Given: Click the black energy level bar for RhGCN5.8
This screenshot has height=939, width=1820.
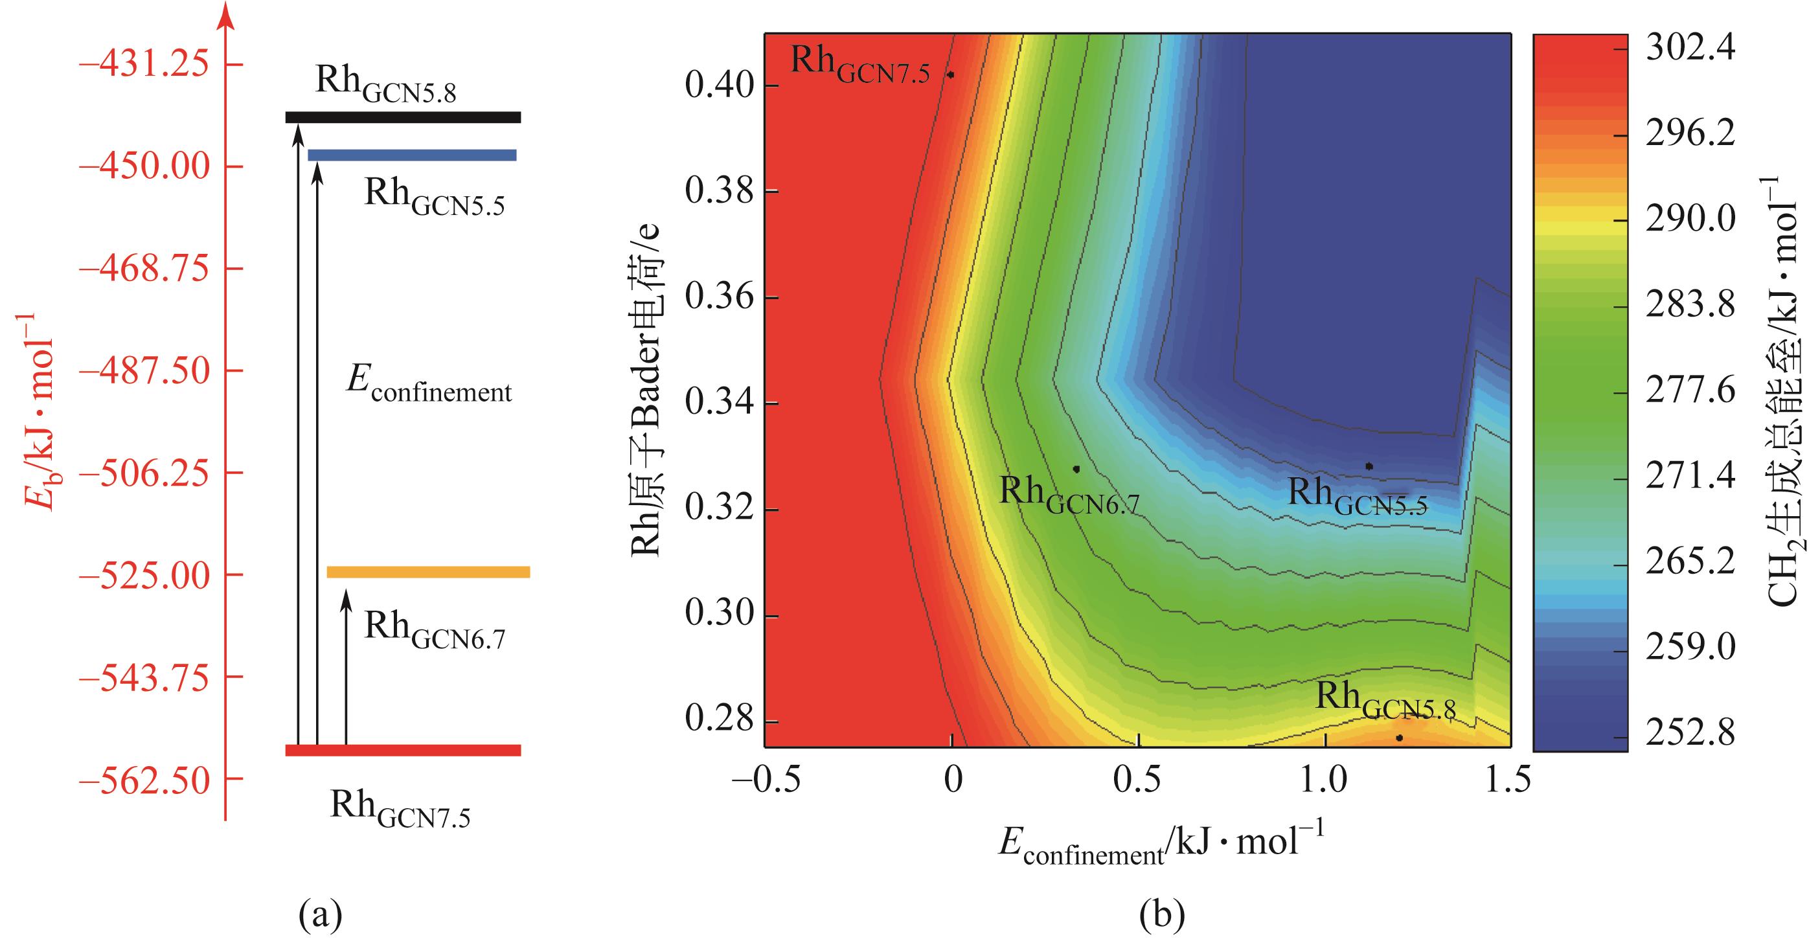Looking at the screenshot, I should [x=403, y=117].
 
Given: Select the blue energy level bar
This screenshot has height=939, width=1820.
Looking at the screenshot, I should [x=412, y=155].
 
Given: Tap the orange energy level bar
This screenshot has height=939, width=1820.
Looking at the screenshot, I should [x=428, y=572].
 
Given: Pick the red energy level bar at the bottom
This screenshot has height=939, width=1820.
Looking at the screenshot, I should [x=403, y=751].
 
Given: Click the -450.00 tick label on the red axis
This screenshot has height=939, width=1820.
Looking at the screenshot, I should [x=144, y=166].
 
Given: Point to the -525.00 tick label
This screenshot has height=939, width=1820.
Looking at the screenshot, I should [x=144, y=575].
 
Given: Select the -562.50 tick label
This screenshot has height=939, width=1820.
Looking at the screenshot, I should [x=144, y=779].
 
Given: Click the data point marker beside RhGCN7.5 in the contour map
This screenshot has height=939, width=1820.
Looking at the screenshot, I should [x=951, y=75].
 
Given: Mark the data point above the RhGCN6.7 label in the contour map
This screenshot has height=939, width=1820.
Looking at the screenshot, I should [x=1076, y=468].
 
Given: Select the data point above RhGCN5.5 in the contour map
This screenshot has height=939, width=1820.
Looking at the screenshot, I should [x=1369, y=466].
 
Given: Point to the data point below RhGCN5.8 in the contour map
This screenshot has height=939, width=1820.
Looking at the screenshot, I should [x=1399, y=738].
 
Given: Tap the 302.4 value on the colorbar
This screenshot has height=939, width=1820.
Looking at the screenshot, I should [x=1690, y=49].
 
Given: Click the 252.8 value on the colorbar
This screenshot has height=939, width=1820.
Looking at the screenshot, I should [x=1690, y=736].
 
